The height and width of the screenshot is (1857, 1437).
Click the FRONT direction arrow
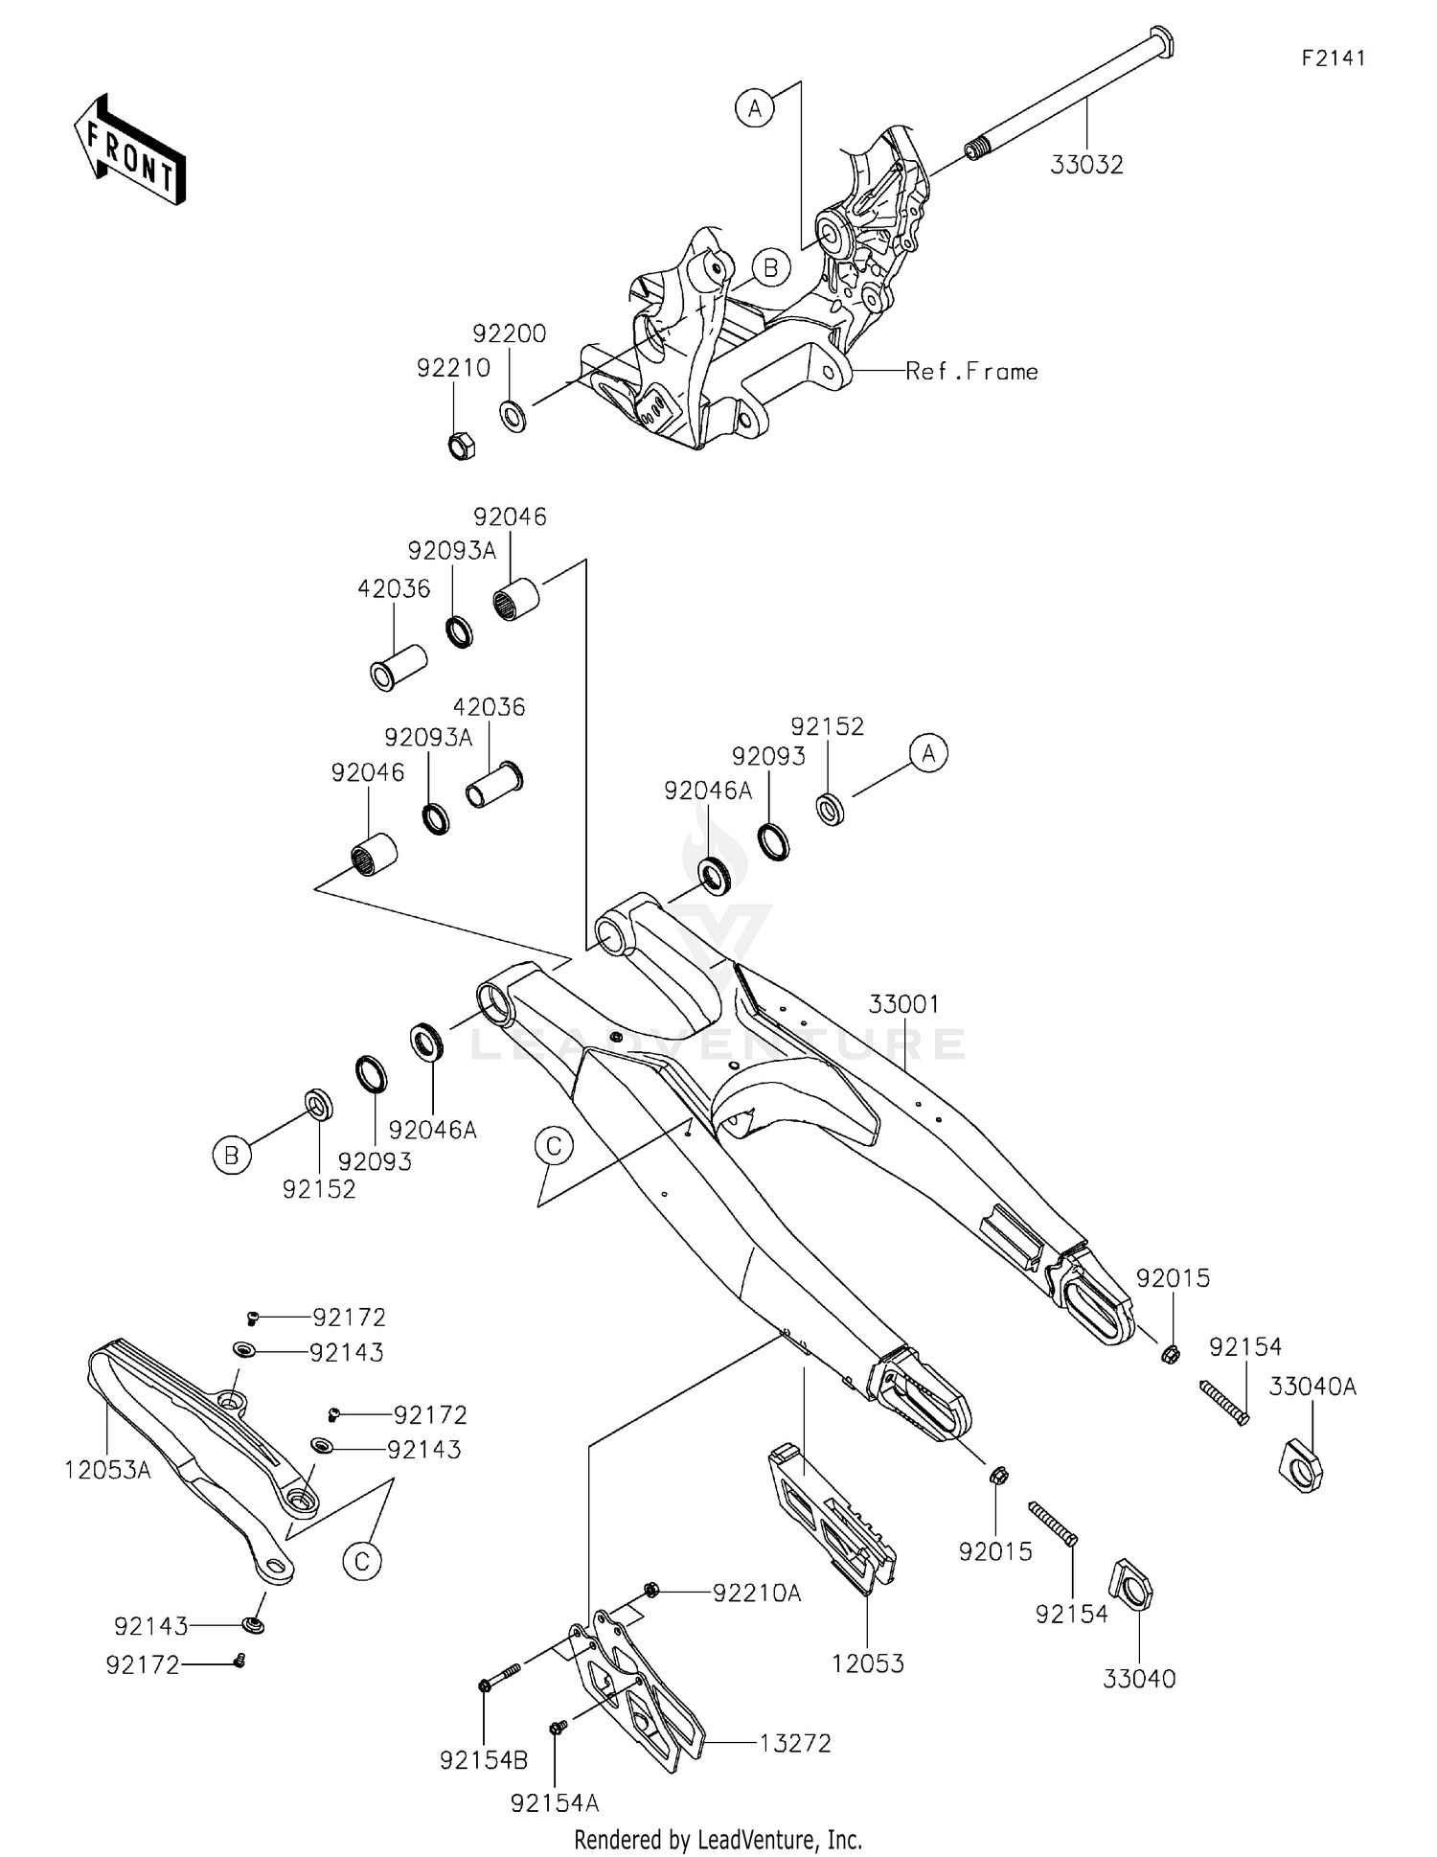(x=129, y=150)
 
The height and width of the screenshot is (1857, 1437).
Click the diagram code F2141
(x=1333, y=58)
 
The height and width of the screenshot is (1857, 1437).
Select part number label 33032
(x=1086, y=165)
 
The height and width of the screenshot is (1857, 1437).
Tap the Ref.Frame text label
(x=971, y=372)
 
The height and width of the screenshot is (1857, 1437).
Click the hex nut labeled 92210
(x=462, y=446)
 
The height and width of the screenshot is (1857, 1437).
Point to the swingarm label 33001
(x=903, y=1004)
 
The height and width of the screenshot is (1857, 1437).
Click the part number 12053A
(x=107, y=1470)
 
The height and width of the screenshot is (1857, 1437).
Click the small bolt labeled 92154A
(x=557, y=1727)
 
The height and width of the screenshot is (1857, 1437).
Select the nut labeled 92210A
(x=650, y=1591)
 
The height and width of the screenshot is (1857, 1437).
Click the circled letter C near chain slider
(x=362, y=1562)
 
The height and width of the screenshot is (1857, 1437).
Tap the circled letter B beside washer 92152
(x=231, y=1156)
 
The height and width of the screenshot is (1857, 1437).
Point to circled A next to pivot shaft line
(x=755, y=108)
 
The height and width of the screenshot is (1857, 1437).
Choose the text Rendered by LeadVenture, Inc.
(x=718, y=1839)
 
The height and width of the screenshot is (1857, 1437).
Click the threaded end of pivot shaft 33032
(x=975, y=150)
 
